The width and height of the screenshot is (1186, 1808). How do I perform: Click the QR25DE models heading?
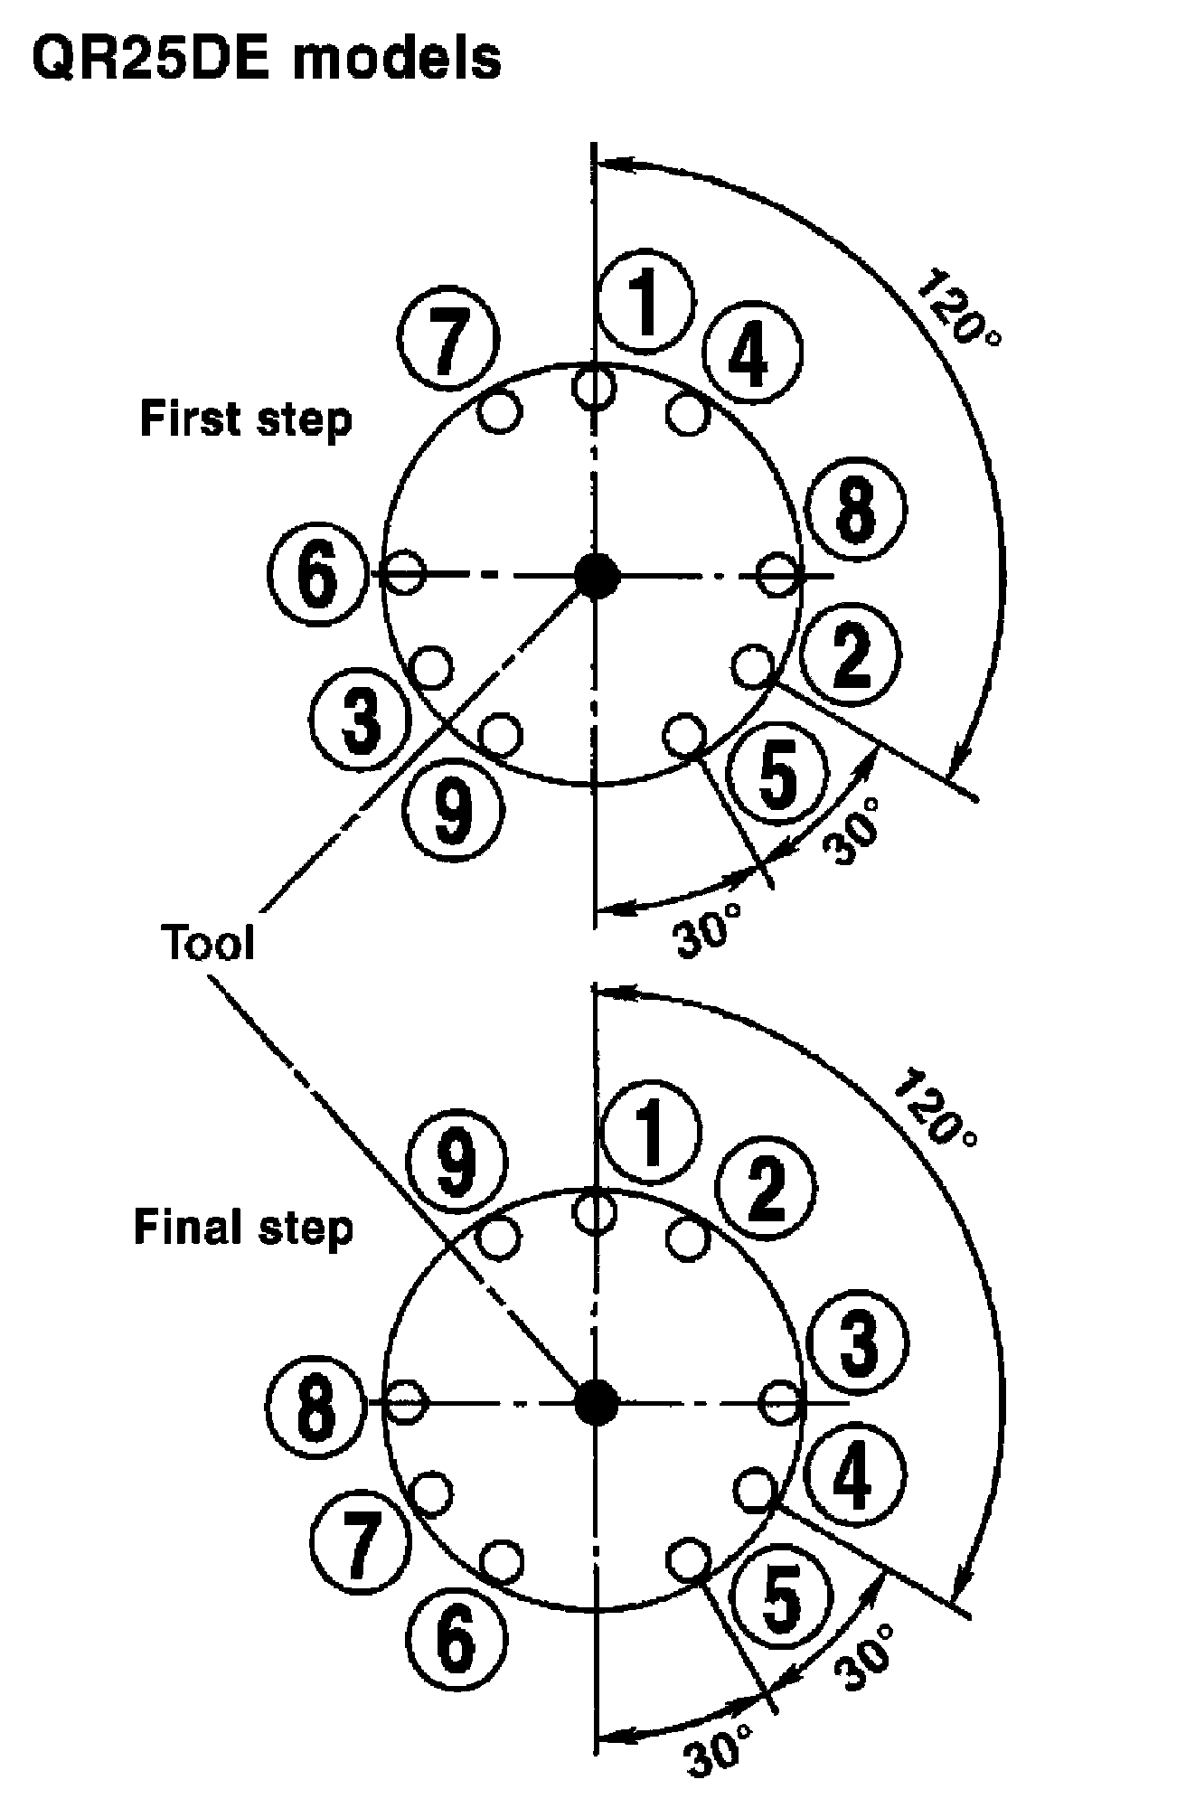[266, 60]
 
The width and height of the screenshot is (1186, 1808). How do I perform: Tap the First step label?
[245, 420]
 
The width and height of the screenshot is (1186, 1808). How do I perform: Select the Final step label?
[243, 1228]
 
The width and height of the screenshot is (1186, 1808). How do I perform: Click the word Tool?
[209, 943]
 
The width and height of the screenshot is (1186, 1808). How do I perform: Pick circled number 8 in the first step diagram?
[855, 512]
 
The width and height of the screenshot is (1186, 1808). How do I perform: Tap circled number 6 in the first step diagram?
[317, 574]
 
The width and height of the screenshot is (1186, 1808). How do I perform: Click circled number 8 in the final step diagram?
[315, 1405]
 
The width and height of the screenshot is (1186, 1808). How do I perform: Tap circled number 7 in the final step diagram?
[361, 1538]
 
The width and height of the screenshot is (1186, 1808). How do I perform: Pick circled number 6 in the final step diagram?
[456, 1636]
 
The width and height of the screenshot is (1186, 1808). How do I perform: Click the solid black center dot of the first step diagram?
[597, 575]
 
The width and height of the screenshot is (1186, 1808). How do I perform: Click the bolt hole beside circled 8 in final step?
[407, 1404]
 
